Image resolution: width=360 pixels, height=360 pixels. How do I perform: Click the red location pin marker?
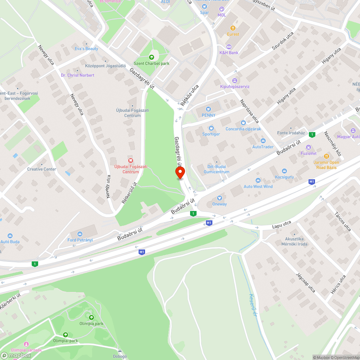point(180,173)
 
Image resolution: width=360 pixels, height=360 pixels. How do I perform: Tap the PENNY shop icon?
point(208,109)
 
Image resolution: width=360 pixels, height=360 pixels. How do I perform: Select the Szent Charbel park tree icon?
point(152,57)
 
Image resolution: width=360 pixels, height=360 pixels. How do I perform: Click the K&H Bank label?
point(229,53)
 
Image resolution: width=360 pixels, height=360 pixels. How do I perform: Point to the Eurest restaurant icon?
point(233,28)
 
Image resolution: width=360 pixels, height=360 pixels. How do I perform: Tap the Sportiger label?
point(211,134)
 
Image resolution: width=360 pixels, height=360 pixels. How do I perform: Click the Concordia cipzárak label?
point(243,129)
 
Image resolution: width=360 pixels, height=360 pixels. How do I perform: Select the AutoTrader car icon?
point(263,141)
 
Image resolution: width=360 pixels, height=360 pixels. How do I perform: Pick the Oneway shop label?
point(220,204)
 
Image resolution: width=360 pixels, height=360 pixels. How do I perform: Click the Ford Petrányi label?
point(80,240)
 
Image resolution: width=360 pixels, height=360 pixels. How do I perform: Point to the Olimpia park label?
point(91,324)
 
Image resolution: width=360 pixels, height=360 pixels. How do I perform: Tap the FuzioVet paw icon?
point(309,147)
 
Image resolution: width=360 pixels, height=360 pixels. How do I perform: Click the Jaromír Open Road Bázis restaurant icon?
point(327,156)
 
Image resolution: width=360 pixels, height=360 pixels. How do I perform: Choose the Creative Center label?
point(42,169)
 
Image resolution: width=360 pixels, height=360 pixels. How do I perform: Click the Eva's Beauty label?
point(86,49)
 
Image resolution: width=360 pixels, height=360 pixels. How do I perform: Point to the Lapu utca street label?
point(282,225)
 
